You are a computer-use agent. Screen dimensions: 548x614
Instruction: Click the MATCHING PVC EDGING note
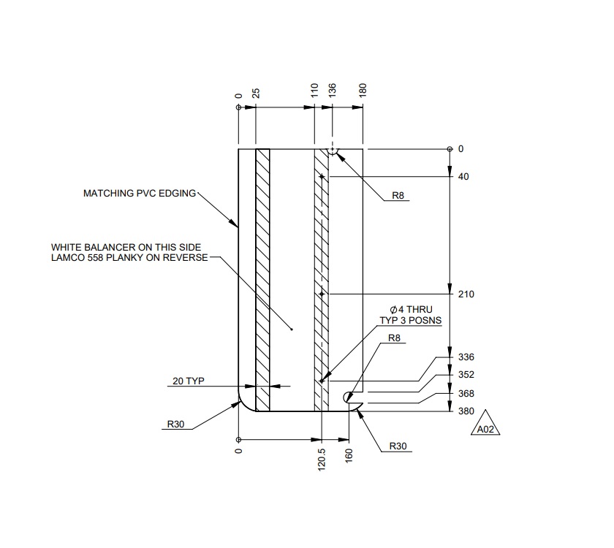(140, 194)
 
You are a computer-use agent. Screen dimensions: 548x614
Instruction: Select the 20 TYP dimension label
(189, 381)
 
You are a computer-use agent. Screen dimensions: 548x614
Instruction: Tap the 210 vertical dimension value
(466, 294)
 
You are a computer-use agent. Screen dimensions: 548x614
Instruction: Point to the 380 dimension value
(466, 411)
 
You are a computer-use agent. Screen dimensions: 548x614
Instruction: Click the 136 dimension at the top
(333, 91)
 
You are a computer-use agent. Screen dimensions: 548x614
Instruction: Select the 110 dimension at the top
(314, 91)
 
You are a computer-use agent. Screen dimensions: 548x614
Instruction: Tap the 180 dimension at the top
(363, 91)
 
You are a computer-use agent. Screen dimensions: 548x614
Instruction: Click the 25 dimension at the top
(257, 93)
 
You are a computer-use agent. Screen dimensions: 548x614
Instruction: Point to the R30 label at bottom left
(175, 423)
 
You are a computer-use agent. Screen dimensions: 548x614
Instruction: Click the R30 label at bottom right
(398, 446)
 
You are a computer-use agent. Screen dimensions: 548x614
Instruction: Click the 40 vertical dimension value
(463, 177)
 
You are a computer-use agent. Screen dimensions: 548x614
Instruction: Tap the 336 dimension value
(466, 357)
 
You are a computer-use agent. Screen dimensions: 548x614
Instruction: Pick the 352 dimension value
(466, 375)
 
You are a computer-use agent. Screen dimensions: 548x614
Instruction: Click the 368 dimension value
(466, 394)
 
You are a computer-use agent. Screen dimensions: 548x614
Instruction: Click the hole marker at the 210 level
(321, 294)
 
